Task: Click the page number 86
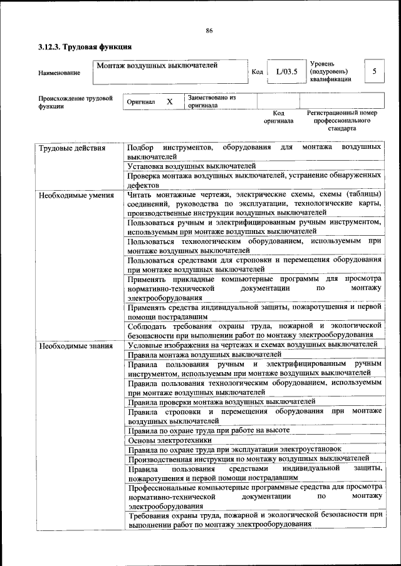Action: coord(209,29)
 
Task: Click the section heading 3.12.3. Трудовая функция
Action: coord(85,46)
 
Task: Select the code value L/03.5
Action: coord(286,72)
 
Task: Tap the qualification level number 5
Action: coord(374,71)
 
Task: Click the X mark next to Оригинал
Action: coord(169,101)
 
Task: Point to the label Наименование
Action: coord(59,73)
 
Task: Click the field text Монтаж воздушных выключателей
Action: coord(157,65)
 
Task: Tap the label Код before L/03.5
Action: coord(257,72)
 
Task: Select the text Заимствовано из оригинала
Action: coord(211,101)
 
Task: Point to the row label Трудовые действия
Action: coord(71,148)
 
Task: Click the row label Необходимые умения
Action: coord(76,195)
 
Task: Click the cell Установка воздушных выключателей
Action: coord(191,166)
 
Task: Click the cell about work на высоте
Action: coord(209,431)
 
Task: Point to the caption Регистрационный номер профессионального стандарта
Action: coord(341,120)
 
